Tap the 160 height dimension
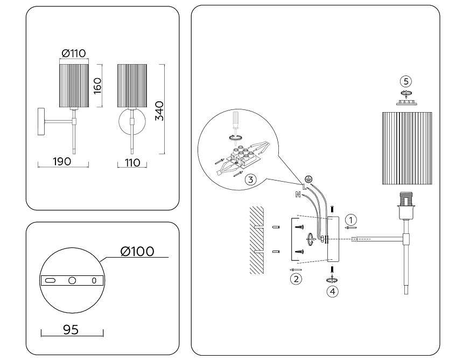pos(98,85)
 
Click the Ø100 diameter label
pos(137,251)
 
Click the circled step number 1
pos(350,219)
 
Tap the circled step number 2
pos(296,279)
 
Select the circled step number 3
pos(250,180)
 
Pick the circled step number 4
pos(334,291)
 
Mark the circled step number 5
pos(406,81)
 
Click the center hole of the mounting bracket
pos(72,280)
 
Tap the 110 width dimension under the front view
pos(131,162)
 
